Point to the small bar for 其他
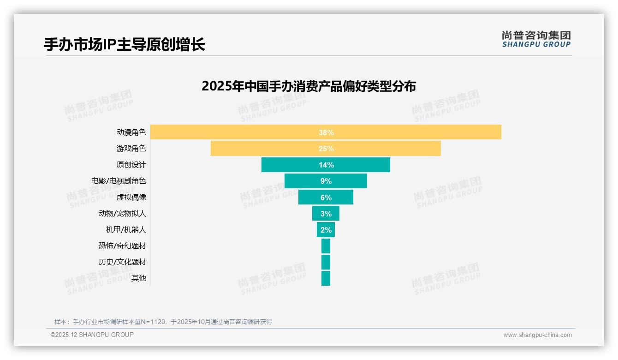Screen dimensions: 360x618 (x=326, y=278)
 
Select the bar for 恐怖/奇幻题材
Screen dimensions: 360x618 (x=326, y=246)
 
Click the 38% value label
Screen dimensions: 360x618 (x=326, y=132)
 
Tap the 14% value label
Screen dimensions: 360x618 (x=326, y=165)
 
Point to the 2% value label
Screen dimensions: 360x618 (x=326, y=230)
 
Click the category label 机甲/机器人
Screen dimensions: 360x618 (x=126, y=230)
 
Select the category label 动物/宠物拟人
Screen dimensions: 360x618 (x=122, y=214)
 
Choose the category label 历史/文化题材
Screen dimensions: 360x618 (x=122, y=262)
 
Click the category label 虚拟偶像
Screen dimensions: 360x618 (x=131, y=197)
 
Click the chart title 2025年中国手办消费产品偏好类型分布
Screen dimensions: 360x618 (x=309, y=86)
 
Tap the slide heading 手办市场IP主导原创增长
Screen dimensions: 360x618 (x=125, y=45)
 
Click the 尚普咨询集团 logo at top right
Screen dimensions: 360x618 (x=536, y=39)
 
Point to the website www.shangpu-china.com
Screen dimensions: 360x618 (x=537, y=335)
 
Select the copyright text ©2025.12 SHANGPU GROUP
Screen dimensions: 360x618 (x=92, y=335)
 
